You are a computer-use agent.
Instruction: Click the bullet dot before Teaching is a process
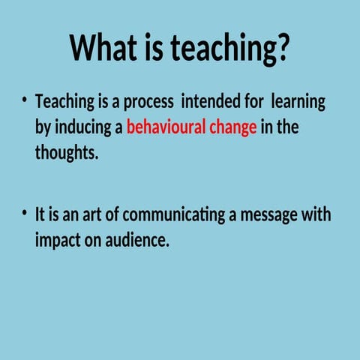tap(25, 100)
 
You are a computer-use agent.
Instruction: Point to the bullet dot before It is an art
tap(25, 213)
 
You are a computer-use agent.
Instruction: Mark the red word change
tap(233, 128)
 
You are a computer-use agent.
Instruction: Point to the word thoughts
tap(66, 154)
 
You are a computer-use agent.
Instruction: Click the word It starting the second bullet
tap(40, 215)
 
